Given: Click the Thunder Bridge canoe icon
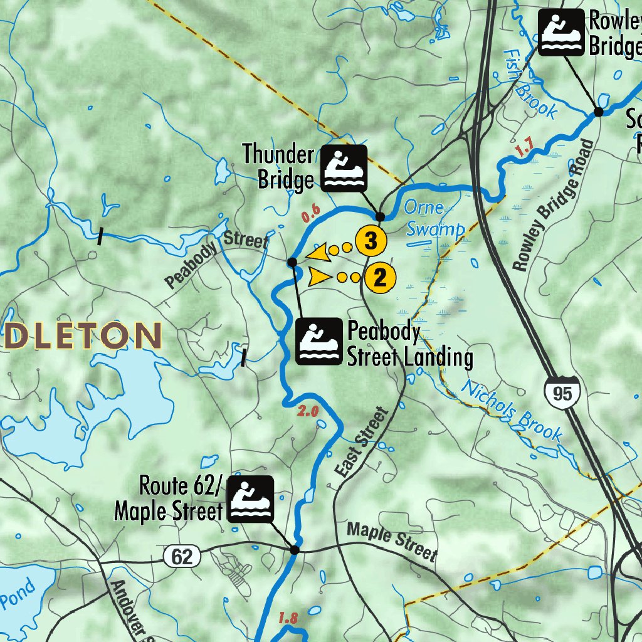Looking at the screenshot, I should [344, 168].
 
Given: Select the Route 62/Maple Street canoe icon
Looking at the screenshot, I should [250, 499].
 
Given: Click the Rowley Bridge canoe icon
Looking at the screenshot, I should [560, 33].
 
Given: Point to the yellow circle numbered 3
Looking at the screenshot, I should [370, 241].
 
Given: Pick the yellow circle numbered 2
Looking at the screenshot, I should [380, 277].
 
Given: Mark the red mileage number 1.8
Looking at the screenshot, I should [287, 618].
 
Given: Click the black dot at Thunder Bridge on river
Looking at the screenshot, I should [379, 216].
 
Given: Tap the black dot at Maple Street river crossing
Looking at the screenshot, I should [294, 550].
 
